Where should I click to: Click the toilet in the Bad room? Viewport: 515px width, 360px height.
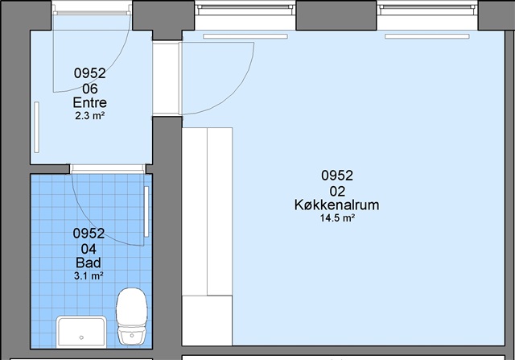pos(132,317)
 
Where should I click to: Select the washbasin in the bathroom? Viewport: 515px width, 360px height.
pos(81,332)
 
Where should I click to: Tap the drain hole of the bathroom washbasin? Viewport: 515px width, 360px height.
pos(81,337)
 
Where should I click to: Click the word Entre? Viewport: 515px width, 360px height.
pos(89,102)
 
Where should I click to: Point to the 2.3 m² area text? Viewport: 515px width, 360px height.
pos(89,116)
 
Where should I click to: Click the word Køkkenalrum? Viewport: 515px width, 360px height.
pos(336,205)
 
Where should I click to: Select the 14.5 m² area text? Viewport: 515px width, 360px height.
pos(337,218)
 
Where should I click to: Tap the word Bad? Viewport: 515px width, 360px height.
pos(89,263)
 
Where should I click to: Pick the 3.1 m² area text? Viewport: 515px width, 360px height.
pos(89,275)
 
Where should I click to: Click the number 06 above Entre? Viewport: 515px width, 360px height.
pos(89,89)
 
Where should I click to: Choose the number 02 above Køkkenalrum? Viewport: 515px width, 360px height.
pos(337,191)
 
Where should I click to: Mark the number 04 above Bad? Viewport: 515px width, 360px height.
pos(89,249)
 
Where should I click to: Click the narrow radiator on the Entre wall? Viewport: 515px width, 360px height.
pos(36,127)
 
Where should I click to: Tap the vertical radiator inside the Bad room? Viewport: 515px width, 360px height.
pos(146,211)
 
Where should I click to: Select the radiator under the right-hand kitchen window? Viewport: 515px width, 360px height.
pos(427,36)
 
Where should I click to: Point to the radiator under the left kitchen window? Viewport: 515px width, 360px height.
pos(245,36)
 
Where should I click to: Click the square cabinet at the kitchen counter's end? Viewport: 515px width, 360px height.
pos(208,321)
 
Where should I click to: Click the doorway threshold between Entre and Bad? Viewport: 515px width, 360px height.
pos(107,169)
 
